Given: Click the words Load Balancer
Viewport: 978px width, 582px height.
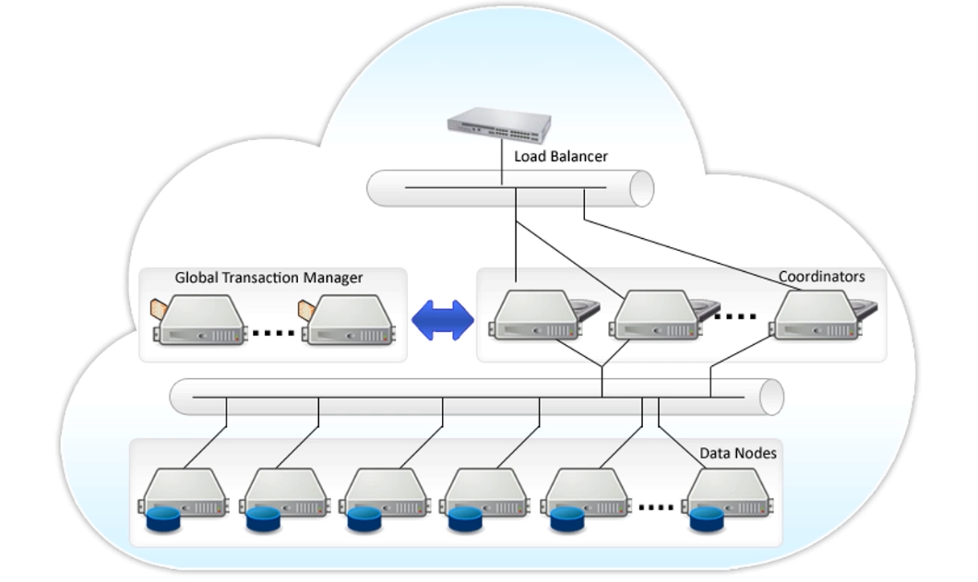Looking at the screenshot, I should pos(561,157).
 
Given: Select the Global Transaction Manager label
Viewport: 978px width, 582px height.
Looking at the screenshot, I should pos(268,278).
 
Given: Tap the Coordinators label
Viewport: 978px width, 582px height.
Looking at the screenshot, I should pos(821,277).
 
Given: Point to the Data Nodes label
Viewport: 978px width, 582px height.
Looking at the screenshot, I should pos(737,454).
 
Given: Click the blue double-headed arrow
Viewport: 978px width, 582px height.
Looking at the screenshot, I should pos(442,320).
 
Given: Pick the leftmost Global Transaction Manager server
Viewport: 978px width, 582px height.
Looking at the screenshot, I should pos(199,320).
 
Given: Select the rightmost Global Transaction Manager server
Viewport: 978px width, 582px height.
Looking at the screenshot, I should pos(349,320).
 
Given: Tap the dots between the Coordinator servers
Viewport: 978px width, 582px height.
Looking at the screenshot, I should pos(735,316).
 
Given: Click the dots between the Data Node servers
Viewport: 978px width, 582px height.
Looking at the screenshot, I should pos(656,506).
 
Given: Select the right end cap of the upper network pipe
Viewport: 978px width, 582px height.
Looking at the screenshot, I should pos(642,189).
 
